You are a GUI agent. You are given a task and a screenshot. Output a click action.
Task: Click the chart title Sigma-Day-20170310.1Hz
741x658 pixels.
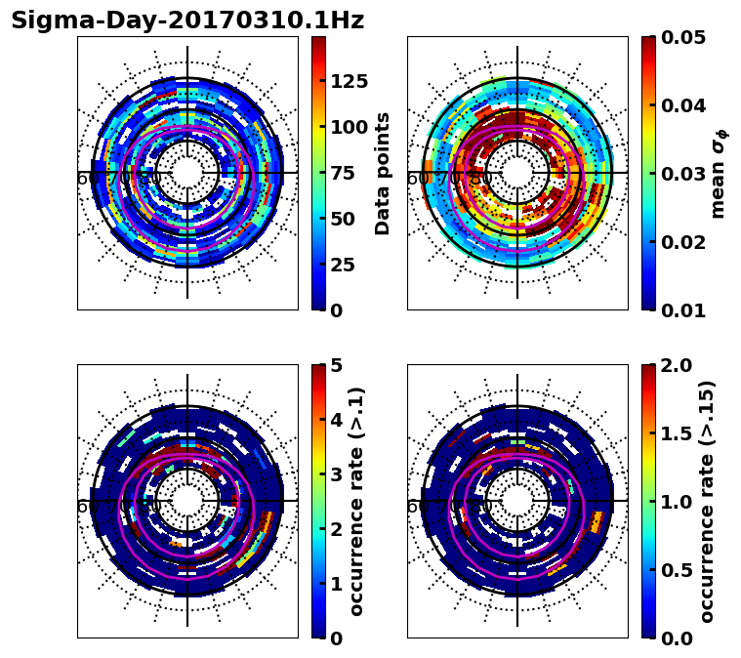pos(187,21)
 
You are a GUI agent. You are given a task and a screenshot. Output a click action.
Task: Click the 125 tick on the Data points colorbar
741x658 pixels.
pos(349,81)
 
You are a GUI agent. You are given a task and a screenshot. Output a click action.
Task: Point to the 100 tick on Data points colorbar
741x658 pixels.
pos(349,127)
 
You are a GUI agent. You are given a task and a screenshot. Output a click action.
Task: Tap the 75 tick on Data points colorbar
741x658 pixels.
pos(343,173)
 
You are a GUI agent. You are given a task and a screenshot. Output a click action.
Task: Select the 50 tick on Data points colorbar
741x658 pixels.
pos(343,219)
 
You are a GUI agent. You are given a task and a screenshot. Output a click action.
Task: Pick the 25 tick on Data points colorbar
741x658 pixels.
pos(343,265)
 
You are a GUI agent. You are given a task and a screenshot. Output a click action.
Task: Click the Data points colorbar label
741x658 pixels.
pos(383,173)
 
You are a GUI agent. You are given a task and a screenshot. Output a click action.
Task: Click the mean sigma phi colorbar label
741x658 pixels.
pos(718,173)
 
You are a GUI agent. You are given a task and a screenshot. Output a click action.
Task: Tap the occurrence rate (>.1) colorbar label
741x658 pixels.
pos(357,502)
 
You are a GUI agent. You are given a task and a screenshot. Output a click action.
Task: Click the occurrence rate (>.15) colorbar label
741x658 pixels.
pos(708,502)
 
